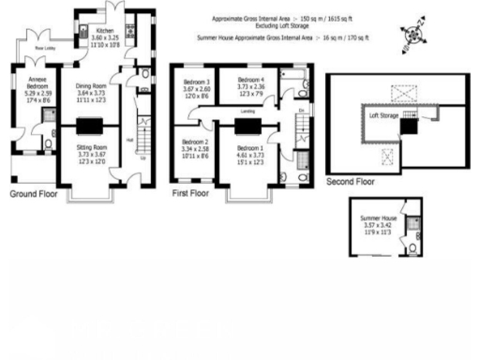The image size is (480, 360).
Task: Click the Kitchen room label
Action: tap(105, 30)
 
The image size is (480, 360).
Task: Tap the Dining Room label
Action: tap(92, 85)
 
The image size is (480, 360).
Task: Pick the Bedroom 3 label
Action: tap(196, 83)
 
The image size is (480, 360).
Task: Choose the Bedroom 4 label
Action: tap(249, 80)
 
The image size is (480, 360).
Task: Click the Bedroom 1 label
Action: tap(249, 148)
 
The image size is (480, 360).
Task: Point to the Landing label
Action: tap(249, 111)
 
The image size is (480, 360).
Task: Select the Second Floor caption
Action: tap(350, 182)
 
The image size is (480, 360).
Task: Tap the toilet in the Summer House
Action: tap(413, 248)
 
